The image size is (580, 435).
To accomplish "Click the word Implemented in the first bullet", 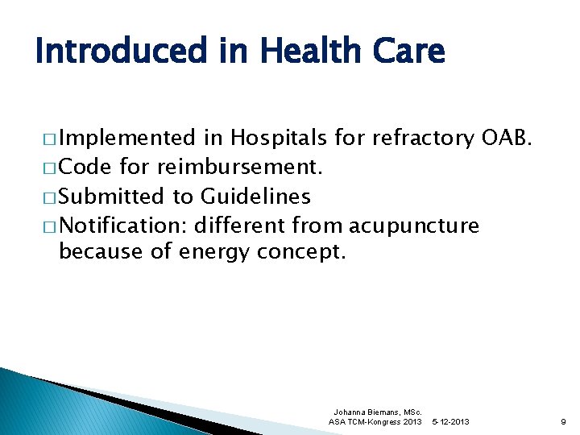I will (127, 138).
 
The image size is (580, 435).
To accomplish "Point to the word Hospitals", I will (279, 138).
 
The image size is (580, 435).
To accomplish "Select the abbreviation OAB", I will (507, 138).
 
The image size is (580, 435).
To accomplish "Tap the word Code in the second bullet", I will (86, 167).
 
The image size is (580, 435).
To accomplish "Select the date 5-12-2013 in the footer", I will (450, 421).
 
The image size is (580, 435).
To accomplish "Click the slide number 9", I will (562, 421).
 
